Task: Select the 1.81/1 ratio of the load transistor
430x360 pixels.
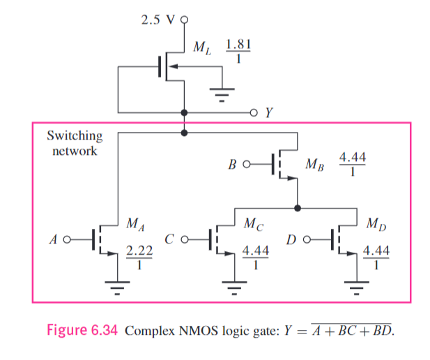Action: click(x=238, y=52)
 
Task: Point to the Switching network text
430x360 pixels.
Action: click(x=75, y=143)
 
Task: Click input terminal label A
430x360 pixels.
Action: click(x=53, y=240)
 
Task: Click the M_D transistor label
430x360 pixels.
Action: click(x=374, y=225)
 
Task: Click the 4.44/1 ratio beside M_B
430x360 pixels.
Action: click(x=352, y=165)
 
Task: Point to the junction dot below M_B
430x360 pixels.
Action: click(x=298, y=208)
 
